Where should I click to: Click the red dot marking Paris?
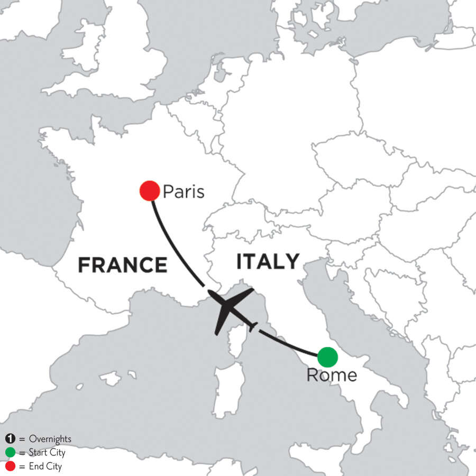[x=150, y=190]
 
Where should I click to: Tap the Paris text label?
[x=183, y=191]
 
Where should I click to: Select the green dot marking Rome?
[x=327, y=356]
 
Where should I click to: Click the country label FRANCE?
[x=122, y=264]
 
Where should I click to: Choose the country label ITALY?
[x=268, y=261]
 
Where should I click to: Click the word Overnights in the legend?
[x=51, y=439]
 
